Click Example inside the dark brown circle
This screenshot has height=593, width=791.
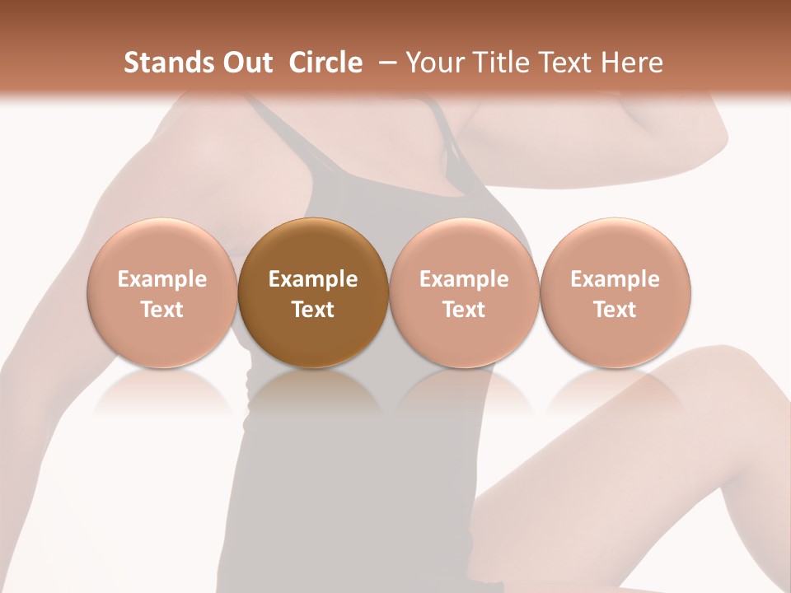[x=313, y=279]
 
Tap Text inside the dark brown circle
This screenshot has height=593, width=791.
[x=313, y=310]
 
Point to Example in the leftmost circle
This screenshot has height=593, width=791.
[x=161, y=279]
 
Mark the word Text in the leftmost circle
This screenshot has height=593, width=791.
[x=161, y=310]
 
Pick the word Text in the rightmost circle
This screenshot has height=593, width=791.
[x=615, y=310]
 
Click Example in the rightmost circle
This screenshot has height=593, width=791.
[x=615, y=279]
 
